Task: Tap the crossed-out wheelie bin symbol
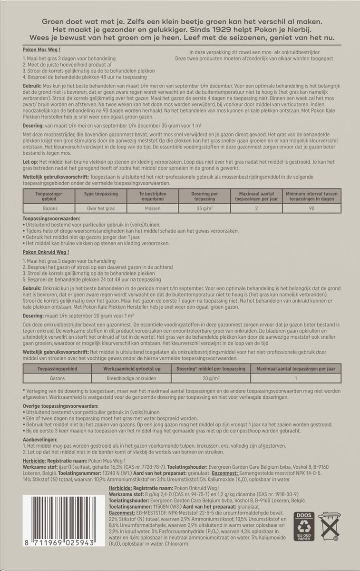(329, 528)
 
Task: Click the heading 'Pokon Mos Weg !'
(41, 49)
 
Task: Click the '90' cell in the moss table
(311, 208)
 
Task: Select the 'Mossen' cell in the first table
(151, 208)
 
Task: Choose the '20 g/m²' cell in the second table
(213, 378)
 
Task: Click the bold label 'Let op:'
(31, 162)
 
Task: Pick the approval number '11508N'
(158, 508)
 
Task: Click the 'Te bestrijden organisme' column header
(151, 195)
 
